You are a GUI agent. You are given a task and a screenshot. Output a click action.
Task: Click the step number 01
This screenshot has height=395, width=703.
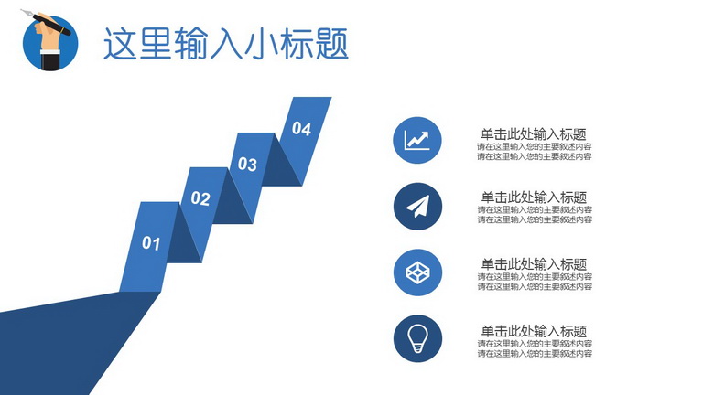[x=151, y=243]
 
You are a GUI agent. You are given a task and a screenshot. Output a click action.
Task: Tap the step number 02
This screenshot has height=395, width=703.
[x=200, y=198]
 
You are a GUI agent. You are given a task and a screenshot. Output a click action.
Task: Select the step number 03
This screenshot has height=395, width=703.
[x=247, y=165]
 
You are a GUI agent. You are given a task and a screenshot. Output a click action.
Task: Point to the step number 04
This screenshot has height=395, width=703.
[x=301, y=129]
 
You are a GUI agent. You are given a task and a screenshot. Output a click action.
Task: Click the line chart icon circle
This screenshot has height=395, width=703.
[x=417, y=140]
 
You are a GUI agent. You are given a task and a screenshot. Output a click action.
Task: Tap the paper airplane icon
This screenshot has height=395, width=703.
[x=417, y=207]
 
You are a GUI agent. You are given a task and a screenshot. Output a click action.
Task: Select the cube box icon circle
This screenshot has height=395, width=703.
[x=417, y=272]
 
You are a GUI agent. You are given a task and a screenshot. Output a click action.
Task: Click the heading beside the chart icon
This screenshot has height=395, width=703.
[x=534, y=133]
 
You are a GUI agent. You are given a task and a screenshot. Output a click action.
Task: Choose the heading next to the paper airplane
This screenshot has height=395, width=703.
[x=534, y=197]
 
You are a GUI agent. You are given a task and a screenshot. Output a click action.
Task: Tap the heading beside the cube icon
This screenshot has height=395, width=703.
[x=534, y=263]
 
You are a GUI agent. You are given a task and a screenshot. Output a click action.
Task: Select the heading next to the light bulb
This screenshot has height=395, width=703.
[x=534, y=331]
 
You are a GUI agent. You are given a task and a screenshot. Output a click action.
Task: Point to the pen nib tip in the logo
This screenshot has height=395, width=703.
[x=22, y=10]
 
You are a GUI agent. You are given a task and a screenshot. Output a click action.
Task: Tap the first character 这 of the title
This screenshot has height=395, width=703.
[x=120, y=44]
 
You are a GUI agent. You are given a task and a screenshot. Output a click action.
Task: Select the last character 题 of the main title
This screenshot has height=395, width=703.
[x=332, y=44]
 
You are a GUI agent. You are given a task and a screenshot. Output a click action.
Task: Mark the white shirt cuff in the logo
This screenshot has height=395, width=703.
[x=50, y=52]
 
